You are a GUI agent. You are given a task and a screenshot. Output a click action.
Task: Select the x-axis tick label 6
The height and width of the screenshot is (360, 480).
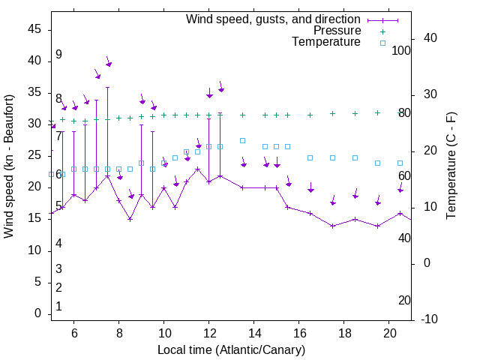(73, 333)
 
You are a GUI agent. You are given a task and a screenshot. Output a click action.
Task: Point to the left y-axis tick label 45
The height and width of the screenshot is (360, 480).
(34, 29)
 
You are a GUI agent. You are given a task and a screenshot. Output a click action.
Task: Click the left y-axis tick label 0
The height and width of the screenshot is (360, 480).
(37, 314)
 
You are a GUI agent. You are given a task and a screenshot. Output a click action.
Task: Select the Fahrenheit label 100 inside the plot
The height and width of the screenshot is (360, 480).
(402, 51)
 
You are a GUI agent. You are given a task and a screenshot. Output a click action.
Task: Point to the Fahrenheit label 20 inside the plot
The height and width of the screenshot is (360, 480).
(404, 301)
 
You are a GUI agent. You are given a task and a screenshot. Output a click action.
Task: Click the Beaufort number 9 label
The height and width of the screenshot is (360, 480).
(58, 55)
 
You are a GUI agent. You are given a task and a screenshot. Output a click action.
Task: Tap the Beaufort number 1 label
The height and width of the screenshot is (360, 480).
(58, 307)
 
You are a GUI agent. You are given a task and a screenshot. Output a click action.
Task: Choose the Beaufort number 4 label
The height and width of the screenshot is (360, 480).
(58, 243)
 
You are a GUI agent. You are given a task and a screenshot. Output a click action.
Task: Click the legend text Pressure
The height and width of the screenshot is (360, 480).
(337, 31)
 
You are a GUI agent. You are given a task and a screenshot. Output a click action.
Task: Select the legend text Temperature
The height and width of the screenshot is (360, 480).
(326, 42)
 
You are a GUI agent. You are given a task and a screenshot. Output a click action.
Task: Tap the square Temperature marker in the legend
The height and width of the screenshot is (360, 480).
(382, 43)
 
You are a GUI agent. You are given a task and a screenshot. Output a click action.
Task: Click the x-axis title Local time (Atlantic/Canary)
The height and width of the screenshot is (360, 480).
(231, 350)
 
